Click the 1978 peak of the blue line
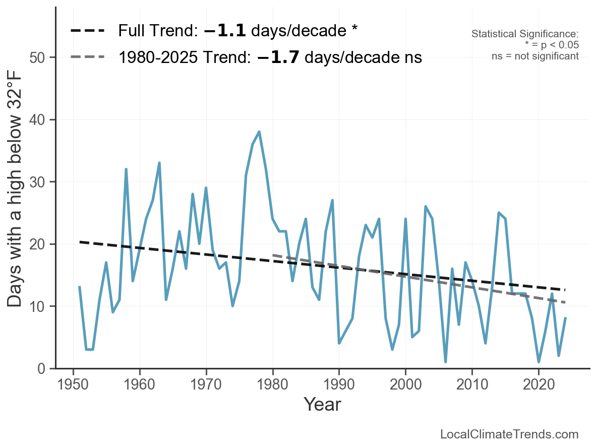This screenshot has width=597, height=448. click(259, 132)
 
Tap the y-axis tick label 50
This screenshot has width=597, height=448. click(40, 57)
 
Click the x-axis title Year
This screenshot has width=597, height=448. click(322, 404)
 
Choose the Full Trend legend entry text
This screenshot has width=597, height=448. click(237, 31)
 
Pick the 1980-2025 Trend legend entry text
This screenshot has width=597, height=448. click(270, 57)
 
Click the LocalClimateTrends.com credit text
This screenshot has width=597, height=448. click(509, 434)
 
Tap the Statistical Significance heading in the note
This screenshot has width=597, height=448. click(525, 34)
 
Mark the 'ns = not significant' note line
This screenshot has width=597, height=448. click(535, 56)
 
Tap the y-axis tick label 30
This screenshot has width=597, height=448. click(40, 182)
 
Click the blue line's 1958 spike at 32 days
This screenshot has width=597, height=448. click(126, 169)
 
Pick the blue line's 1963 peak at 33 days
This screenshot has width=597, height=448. click(159, 163)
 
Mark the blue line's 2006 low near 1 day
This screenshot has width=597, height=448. click(446, 362)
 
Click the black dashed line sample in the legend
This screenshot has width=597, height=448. click(88, 31)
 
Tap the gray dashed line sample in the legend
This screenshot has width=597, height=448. click(88, 57)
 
